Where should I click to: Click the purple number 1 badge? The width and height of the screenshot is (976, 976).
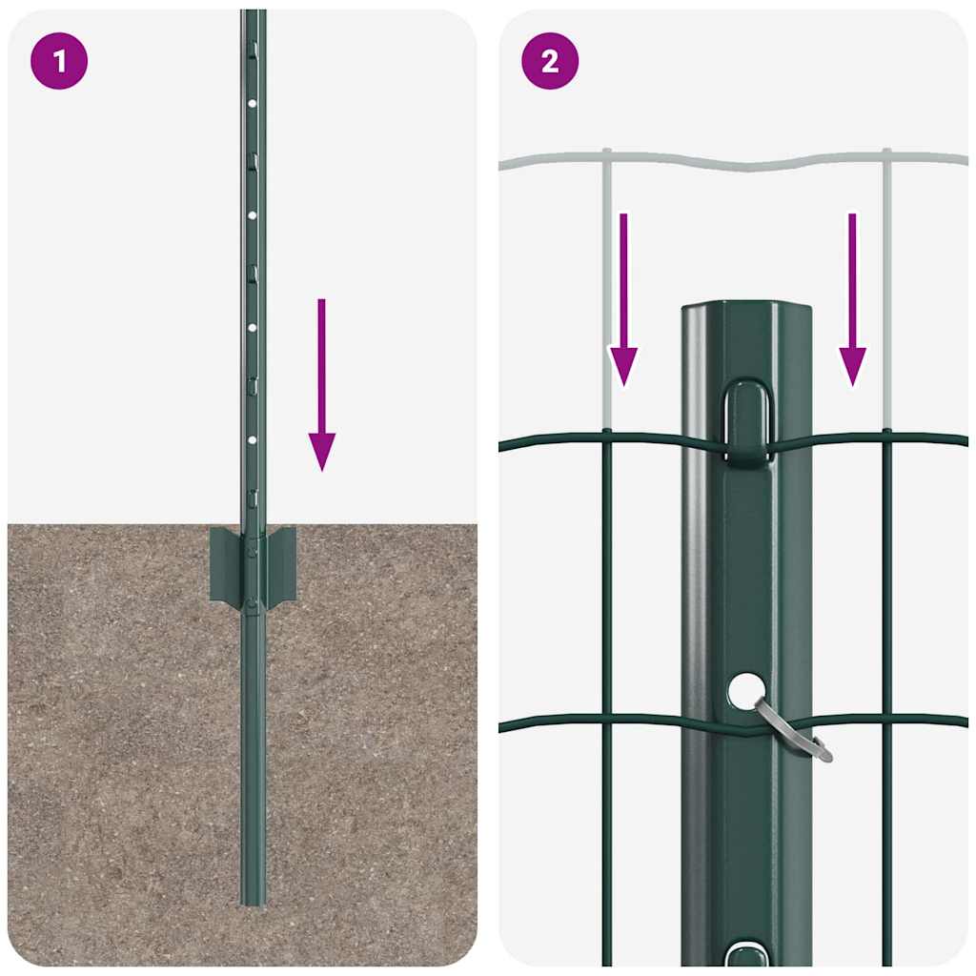click(x=59, y=62)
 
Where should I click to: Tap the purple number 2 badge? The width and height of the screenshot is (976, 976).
click(x=550, y=62)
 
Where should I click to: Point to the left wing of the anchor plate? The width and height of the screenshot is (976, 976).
click(x=225, y=564)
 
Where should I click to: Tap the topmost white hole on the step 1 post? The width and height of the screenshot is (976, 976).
click(x=253, y=103)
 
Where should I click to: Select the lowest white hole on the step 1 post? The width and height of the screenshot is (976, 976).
click(x=253, y=439)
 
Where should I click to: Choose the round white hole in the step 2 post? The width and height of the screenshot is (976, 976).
click(x=747, y=689)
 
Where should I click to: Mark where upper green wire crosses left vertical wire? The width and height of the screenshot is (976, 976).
click(x=605, y=437)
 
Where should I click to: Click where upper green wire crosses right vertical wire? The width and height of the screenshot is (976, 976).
click(x=886, y=437)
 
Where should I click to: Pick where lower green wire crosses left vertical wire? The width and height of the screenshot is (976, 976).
click(x=605, y=723)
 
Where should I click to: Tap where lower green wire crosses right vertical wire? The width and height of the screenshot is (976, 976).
click(x=886, y=722)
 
